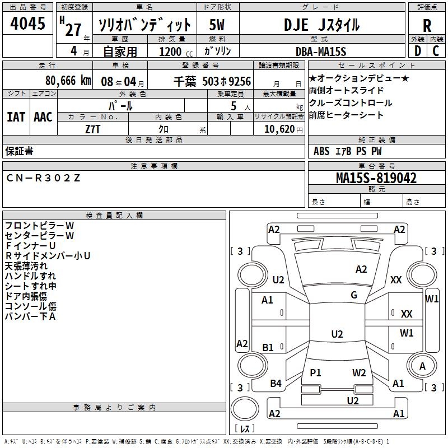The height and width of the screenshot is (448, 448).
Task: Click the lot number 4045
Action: tap(27, 24)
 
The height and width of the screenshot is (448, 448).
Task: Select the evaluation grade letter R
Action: tap(427, 25)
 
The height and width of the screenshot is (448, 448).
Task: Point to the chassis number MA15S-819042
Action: tap(376, 178)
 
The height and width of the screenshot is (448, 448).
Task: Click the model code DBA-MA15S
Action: tap(321, 52)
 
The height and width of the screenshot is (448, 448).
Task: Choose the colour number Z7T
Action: tap(93, 129)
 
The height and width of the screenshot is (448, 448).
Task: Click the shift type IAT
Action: tap(16, 116)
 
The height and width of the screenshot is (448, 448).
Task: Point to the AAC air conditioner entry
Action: tap(43, 116)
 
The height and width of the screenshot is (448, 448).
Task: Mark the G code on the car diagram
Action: tap(354, 295)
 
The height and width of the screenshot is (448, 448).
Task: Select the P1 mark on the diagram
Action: tap(316, 372)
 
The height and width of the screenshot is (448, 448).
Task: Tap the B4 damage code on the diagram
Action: tap(276, 384)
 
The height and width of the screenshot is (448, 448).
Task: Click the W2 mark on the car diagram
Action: tap(359, 372)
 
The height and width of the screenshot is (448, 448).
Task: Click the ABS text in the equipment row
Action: tap(321, 151)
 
